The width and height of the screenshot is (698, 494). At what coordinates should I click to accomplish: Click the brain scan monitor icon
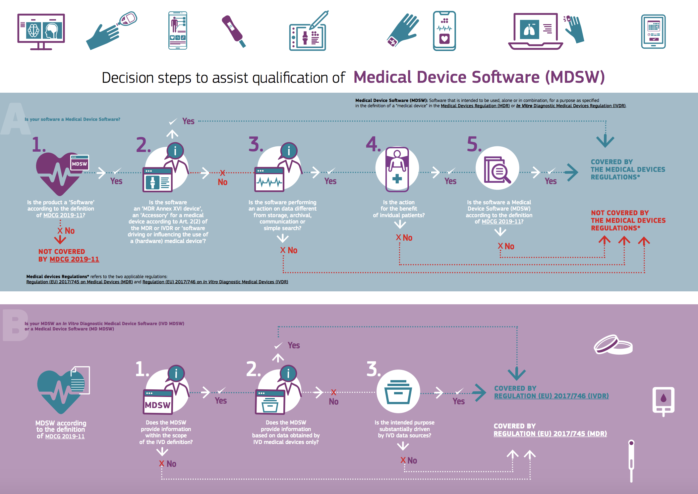[x=41, y=31]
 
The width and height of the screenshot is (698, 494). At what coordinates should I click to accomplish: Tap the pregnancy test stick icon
[x=234, y=31]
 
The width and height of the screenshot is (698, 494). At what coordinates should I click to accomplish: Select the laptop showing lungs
[x=535, y=31]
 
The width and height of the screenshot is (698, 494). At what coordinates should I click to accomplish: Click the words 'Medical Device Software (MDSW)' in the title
[x=479, y=77]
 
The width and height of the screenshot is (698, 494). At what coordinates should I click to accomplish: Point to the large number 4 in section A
[x=373, y=144]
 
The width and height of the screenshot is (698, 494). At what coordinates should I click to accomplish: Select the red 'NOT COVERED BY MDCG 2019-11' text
[x=69, y=255]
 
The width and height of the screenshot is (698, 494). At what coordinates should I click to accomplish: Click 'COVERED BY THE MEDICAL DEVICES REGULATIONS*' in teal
[x=628, y=170]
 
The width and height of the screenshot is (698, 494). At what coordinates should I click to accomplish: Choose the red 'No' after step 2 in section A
[x=222, y=182]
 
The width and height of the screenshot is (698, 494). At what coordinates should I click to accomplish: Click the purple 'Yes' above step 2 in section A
[x=188, y=121]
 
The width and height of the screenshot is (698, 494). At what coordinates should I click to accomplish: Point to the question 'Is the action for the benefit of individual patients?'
[x=399, y=209]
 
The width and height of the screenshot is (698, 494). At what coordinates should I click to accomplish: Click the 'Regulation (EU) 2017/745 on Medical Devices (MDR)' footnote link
[x=80, y=282]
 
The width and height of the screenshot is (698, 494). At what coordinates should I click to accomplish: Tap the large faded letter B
[x=15, y=325]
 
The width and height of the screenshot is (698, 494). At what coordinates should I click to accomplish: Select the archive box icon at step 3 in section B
[x=398, y=391]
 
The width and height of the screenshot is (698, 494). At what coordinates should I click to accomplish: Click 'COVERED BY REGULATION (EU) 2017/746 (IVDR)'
[x=551, y=392]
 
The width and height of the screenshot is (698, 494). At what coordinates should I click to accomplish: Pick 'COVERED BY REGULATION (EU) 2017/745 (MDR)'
[x=550, y=430]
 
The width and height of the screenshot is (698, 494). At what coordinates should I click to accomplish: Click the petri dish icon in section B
[x=613, y=344]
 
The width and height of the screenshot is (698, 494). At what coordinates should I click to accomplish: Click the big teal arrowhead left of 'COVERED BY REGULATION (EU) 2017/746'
[x=479, y=393]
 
